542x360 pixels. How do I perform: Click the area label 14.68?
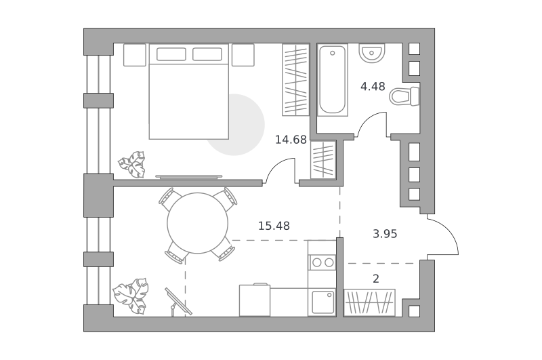tap(291, 140)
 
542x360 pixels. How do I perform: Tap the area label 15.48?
tap(274, 226)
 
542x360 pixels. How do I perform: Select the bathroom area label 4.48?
tap(373, 86)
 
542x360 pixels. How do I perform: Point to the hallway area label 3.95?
tap(385, 234)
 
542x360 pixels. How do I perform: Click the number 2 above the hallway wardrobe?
tap(376, 279)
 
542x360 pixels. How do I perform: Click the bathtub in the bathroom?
tap(333, 80)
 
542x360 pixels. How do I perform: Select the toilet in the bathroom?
tap(404, 96)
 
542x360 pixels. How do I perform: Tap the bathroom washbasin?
tap(371, 54)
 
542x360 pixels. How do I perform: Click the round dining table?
tap(198, 223)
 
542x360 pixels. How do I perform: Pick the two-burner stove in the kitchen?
tap(322, 262)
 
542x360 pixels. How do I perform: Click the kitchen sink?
tap(322, 302)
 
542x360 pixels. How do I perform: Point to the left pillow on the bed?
tap(171, 54)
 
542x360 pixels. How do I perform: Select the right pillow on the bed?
tap(207, 54)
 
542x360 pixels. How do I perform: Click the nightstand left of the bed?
tap(135, 55)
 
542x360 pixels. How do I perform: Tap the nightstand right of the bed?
tap(243, 55)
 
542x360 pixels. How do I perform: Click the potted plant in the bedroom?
tap(132, 164)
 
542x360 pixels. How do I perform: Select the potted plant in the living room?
tap(131, 296)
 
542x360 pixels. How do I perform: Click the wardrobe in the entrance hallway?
tap(369, 302)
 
